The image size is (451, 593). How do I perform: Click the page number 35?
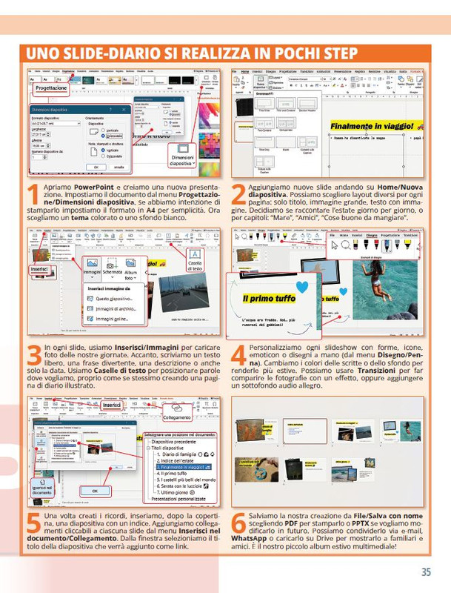point(426,572)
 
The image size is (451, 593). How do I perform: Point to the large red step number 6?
point(238,524)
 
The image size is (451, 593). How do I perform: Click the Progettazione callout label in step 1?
point(51,88)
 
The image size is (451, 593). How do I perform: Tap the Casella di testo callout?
point(195,260)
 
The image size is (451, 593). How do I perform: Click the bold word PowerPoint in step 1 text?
point(93,186)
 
